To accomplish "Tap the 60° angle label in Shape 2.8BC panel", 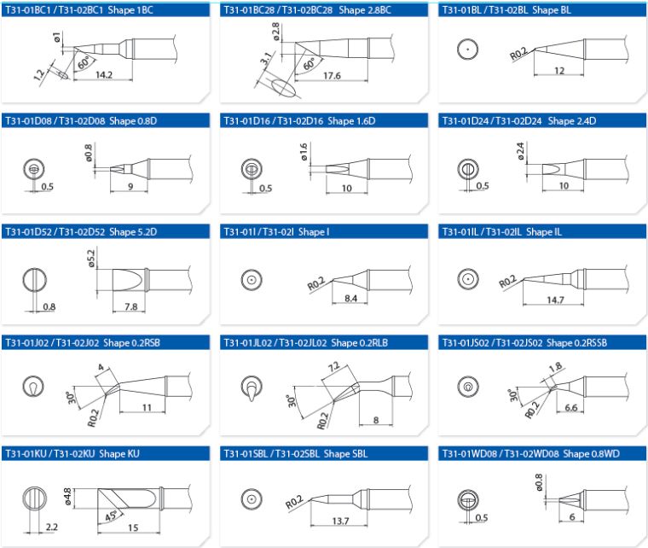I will pos(309,63).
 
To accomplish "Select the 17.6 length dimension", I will pos(333,75).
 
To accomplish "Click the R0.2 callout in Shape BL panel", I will pos(518,56).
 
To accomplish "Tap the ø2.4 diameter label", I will pos(520,153).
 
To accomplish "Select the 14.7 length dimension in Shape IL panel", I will pos(554,300).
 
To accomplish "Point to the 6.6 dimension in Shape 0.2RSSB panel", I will pos(572,408).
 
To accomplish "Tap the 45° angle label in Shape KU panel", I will pos(110,518).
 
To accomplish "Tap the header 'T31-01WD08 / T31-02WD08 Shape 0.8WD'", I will pos(528,452).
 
